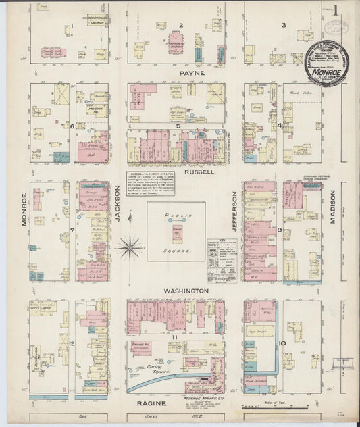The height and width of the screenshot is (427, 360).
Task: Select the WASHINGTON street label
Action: [185, 290]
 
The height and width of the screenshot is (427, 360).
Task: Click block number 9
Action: [280, 231]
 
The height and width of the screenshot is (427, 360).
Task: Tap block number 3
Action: [284, 26]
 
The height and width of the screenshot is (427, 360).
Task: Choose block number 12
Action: [71, 344]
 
